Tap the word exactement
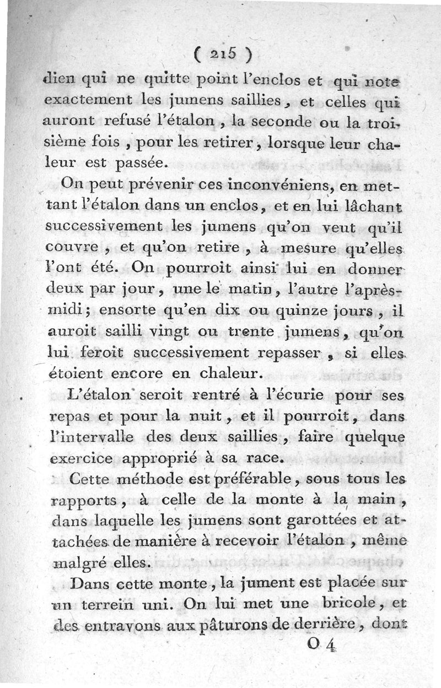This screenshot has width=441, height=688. click(83, 100)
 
